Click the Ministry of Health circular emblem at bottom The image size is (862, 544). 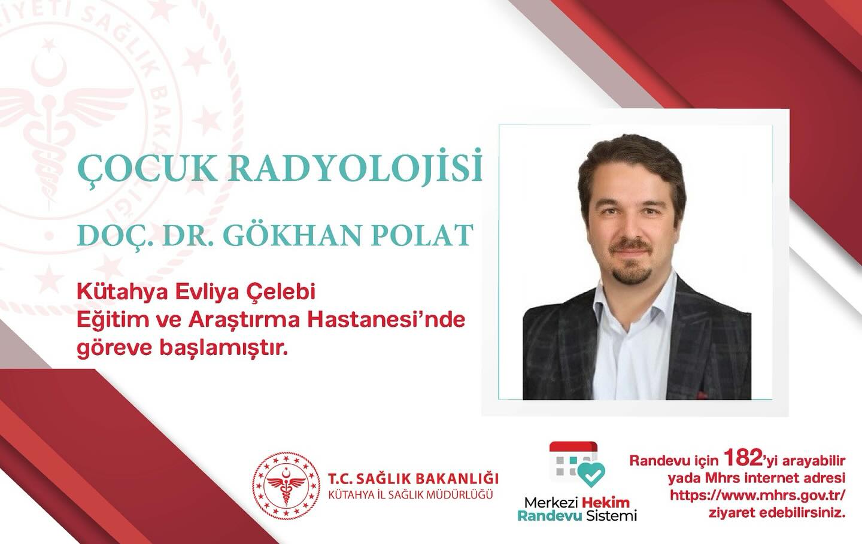tap(285, 485)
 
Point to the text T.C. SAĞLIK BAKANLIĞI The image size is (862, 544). tap(414, 479)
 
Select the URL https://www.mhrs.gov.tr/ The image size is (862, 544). tap(758, 496)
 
